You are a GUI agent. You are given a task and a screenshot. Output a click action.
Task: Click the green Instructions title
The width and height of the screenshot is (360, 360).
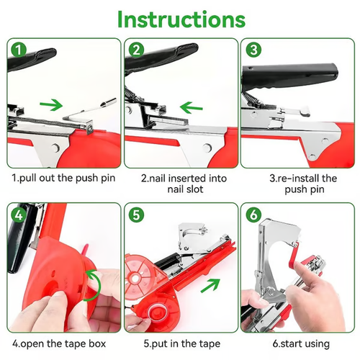click(181, 19)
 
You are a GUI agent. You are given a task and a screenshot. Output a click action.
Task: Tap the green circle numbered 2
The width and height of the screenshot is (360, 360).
click(135, 50)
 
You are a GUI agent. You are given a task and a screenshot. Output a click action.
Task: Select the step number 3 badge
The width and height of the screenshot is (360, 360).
click(253, 50)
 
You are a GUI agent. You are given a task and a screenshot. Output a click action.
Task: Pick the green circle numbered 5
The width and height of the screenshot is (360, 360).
click(135, 215)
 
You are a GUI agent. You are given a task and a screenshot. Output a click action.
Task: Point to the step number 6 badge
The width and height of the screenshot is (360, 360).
click(253, 215)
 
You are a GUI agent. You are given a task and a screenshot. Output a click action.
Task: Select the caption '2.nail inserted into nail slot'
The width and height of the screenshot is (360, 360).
click(180, 184)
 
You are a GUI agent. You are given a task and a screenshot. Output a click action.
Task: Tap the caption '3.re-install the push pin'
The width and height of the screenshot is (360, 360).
click(298, 184)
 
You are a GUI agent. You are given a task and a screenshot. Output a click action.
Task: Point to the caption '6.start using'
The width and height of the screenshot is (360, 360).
click(298, 343)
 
